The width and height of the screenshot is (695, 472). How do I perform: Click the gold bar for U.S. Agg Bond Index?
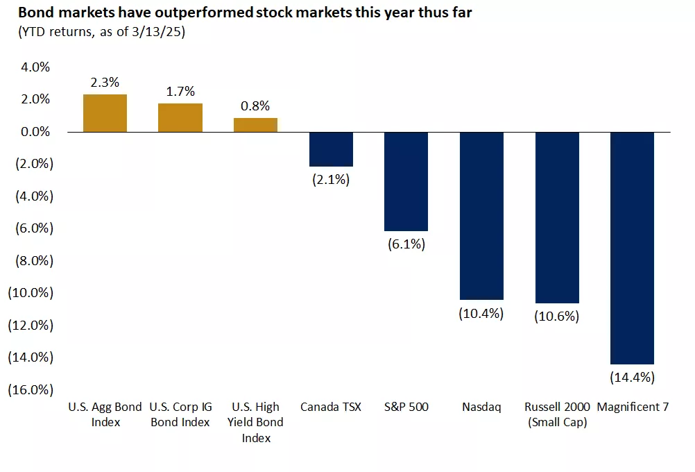point(105,113)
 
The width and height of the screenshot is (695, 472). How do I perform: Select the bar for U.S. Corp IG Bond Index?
point(180,117)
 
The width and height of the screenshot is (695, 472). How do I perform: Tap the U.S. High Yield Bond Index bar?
point(255,125)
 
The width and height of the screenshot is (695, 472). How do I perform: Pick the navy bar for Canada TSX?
point(331,149)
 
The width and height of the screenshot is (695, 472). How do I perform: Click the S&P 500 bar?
point(406,181)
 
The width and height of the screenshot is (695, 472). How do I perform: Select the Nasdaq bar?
point(481,216)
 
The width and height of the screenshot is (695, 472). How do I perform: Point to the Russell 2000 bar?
point(556,217)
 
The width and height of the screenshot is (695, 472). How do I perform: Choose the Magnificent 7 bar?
point(632,248)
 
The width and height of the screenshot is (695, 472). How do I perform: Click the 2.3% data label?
point(105,82)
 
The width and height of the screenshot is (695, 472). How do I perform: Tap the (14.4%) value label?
point(632,378)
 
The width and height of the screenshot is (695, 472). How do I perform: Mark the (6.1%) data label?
point(406,244)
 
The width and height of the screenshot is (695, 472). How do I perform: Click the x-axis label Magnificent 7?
point(632,407)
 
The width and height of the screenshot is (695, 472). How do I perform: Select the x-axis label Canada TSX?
point(331,407)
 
